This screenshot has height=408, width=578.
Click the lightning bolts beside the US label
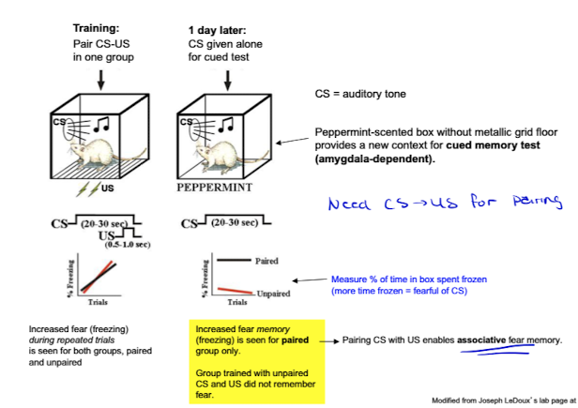click(x=84, y=187)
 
